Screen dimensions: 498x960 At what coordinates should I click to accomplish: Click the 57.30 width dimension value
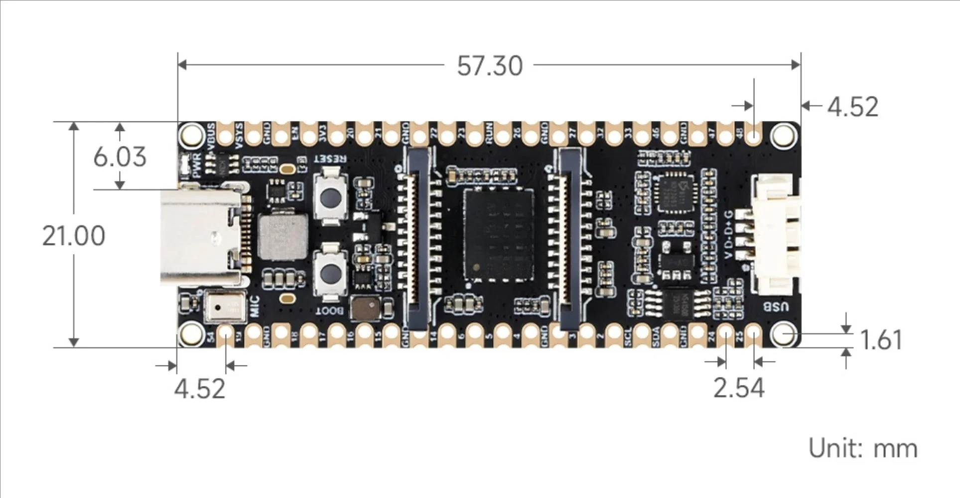coord(490,66)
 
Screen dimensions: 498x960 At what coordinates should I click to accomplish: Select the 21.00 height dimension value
coord(74,236)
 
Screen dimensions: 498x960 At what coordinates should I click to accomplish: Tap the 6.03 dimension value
coord(120,157)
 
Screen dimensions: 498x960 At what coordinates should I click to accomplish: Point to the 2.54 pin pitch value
coord(738,388)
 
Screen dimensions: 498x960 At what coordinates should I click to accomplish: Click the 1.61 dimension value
coord(881,340)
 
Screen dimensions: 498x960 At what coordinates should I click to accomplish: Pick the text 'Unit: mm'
coord(862,448)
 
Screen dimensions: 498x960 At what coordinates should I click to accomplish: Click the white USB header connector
coord(775,234)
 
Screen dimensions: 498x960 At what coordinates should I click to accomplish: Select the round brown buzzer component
coord(365,308)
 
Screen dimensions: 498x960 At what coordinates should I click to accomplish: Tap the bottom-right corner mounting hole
coord(784,334)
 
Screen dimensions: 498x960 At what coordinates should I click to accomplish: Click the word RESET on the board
coord(330,159)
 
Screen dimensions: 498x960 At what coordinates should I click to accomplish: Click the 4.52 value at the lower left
coord(199,388)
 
